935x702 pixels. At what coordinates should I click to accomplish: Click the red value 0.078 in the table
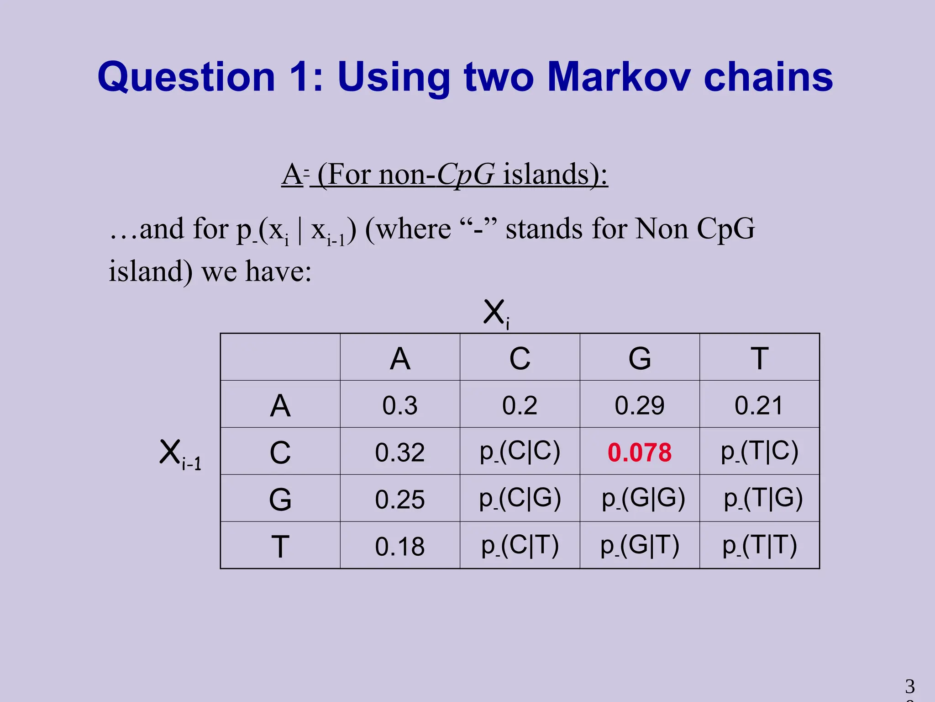(639, 452)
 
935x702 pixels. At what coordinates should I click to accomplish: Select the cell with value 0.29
(639, 405)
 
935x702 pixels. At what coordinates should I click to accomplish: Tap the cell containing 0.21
(759, 405)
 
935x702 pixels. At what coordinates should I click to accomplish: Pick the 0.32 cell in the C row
(400, 452)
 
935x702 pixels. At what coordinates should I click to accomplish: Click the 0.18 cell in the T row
(400, 546)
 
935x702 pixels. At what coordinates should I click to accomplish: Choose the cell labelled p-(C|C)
(520, 452)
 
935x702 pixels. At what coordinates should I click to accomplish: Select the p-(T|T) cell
(760, 545)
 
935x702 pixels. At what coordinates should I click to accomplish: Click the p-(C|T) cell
(520, 545)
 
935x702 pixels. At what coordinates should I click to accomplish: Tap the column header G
(640, 358)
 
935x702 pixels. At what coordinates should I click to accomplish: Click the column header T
(760, 358)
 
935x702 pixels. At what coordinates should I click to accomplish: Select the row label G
(280, 499)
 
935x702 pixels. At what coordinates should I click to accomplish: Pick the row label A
(280, 405)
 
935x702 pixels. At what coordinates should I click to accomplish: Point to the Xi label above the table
(496, 313)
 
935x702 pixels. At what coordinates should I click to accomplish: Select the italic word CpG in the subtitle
(466, 175)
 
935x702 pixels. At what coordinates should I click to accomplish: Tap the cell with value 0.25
(400, 499)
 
